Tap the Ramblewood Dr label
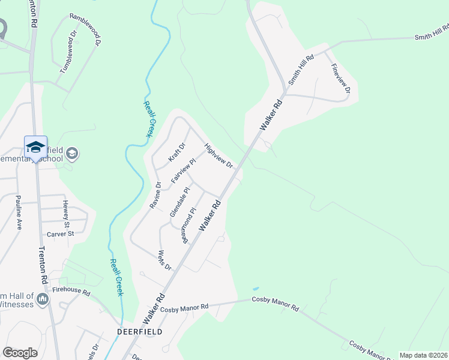pyautogui.click(x=85, y=30)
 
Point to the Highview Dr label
pyautogui.click(x=218, y=155)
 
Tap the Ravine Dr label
pyautogui.click(x=155, y=195)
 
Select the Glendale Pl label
pyautogui.click(x=179, y=202)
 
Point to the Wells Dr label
pyautogui.click(x=164, y=260)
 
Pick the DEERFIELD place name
pyautogui.click(x=139, y=331)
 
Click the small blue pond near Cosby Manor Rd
pyautogui.click(x=256, y=289)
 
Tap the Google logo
pyautogui.click(x=20, y=352)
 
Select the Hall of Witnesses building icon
pyautogui.click(x=42, y=298)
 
